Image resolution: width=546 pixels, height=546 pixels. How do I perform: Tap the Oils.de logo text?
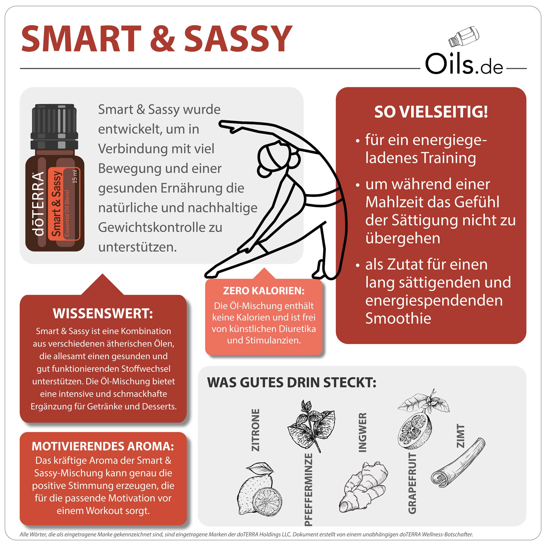(x=464, y=64)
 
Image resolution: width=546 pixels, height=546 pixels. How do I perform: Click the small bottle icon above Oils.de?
(x=464, y=37)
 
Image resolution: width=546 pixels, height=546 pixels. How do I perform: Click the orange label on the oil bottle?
(x=64, y=204)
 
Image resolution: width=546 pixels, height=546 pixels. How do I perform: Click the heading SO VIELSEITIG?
(x=431, y=112)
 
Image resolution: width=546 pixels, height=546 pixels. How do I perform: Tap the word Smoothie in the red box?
(x=398, y=318)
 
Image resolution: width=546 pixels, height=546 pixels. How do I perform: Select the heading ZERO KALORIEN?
(x=264, y=291)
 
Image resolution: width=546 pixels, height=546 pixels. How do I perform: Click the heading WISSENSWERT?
(x=103, y=314)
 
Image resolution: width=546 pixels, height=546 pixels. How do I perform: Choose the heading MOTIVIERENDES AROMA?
(x=103, y=446)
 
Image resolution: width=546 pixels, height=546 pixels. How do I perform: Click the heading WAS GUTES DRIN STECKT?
(x=292, y=383)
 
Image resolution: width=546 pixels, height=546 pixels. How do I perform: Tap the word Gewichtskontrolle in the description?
(x=153, y=227)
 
